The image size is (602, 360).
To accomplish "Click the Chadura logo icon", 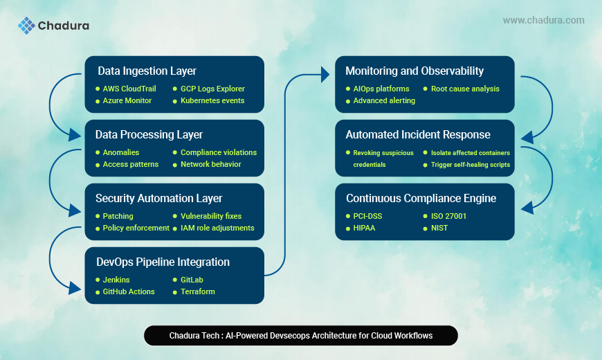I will [x=26, y=26].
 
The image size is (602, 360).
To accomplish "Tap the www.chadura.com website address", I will [x=543, y=21].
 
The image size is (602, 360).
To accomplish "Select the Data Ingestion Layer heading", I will [x=147, y=71].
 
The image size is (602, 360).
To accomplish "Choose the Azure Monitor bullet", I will [x=127, y=101].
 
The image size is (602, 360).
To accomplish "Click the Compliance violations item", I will [x=218, y=152].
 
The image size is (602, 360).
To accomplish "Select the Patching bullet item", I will [x=118, y=216].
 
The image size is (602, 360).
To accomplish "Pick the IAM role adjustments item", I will [x=217, y=228].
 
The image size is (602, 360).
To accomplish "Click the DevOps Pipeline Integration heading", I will [x=163, y=262].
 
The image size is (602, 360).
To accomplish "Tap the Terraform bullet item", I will [x=197, y=291].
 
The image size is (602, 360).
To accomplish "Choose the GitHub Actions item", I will [x=129, y=291].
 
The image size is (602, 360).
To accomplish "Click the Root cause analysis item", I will [x=465, y=89].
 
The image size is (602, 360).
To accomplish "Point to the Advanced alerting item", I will [x=384, y=100].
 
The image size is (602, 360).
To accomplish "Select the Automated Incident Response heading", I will [x=418, y=134].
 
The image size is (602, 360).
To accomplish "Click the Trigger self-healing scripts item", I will [x=470, y=165].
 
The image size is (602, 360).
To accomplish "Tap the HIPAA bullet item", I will [x=364, y=228].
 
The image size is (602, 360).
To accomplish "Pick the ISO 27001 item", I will [x=448, y=216].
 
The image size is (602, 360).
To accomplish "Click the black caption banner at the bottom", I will [x=301, y=336].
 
